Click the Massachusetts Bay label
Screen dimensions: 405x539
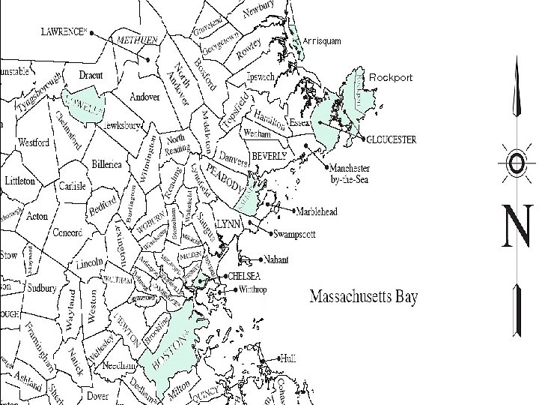point(364,296)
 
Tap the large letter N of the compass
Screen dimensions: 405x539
point(517,228)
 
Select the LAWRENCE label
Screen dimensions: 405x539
point(64,31)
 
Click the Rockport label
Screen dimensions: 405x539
point(391,78)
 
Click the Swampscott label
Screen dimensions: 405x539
point(297,232)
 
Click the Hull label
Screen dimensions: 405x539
point(287,358)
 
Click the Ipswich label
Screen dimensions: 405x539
point(264,76)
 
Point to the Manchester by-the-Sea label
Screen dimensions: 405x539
point(353,173)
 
